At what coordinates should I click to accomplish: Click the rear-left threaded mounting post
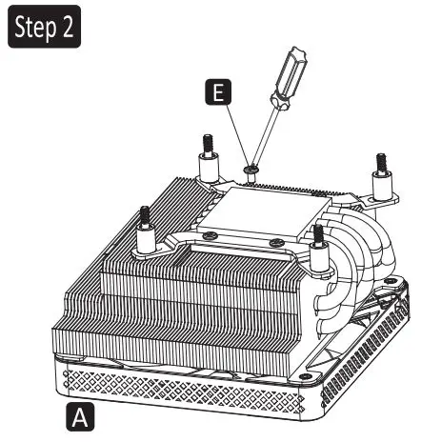point(207,152)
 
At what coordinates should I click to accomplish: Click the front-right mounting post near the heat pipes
point(317,243)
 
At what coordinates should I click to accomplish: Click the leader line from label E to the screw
point(235,133)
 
